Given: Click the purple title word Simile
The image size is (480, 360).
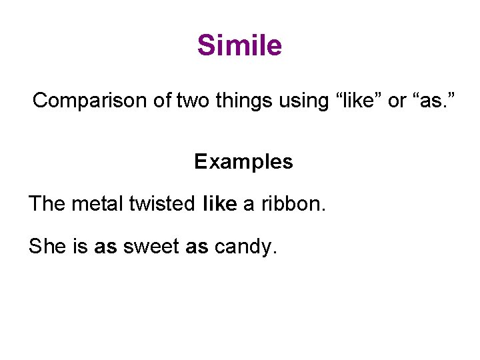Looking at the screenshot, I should [239, 46].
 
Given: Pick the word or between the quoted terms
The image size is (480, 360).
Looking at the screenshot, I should [397, 101].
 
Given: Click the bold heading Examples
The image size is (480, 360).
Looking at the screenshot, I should [243, 162].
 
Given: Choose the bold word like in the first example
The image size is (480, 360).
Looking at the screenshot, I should [219, 203].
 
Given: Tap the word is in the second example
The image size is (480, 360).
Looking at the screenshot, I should [80, 247].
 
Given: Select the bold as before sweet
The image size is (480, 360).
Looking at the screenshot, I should [106, 247].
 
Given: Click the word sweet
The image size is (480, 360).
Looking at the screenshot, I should [151, 247].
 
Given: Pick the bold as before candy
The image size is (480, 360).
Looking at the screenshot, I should [197, 247].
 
